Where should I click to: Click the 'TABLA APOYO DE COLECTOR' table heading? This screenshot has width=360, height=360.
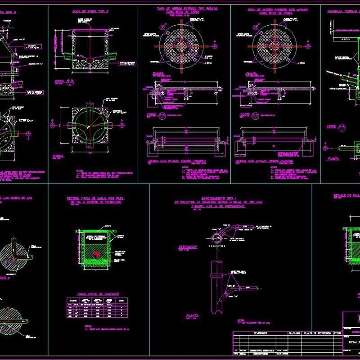pos(96,292)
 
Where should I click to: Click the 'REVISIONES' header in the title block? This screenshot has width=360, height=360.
pos(259,333)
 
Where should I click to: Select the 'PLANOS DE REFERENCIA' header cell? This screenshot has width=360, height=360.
pos(317,333)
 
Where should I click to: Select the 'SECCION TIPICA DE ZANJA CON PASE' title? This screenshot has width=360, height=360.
pos(96,198)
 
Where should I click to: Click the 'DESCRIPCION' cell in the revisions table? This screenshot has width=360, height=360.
pos(259,353)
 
